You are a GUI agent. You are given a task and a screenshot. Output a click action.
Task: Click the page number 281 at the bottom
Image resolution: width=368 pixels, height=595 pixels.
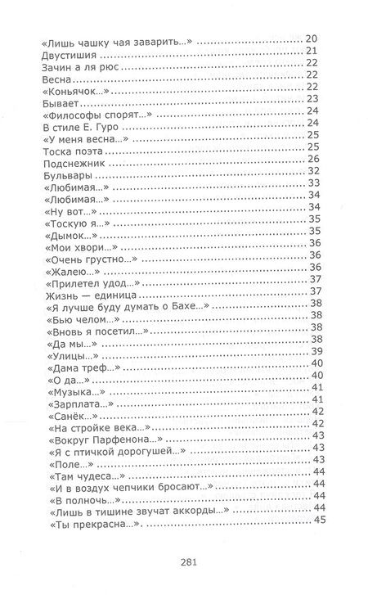pos(183,561)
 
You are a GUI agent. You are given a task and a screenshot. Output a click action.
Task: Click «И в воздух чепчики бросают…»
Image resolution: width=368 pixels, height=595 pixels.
pos(120,485)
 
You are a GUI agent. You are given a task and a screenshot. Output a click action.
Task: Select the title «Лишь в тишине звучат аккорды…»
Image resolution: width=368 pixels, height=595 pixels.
pos(129,509)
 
